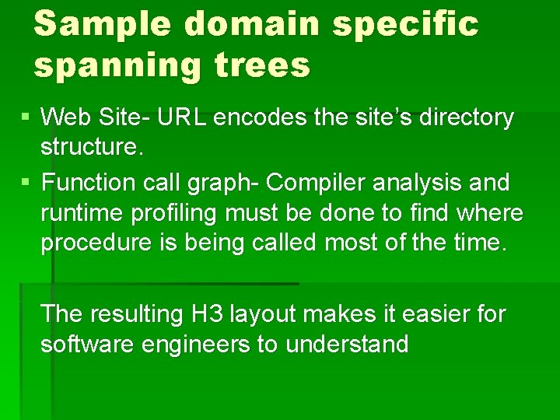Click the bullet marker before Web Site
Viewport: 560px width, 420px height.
click(x=27, y=118)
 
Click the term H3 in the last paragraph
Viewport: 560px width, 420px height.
click(x=205, y=314)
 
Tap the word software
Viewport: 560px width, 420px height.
click(x=87, y=344)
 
